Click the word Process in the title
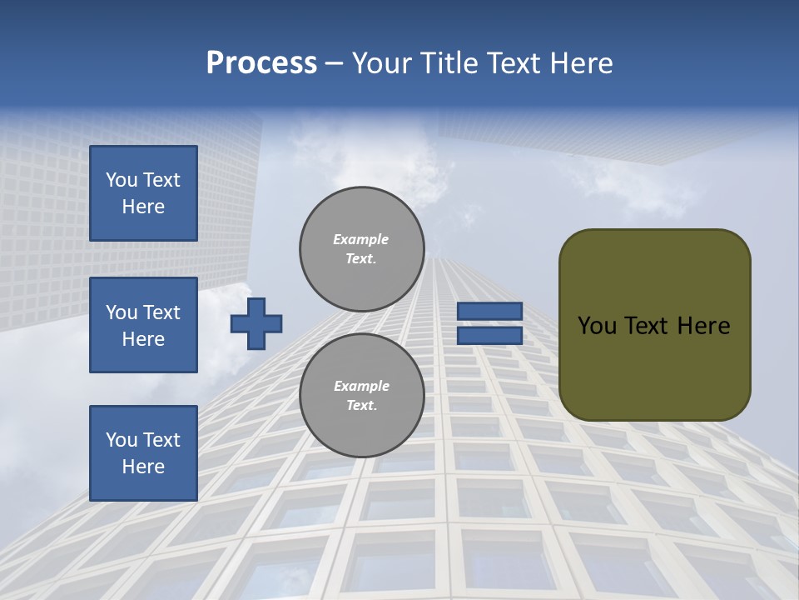(x=261, y=63)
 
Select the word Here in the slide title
(x=579, y=63)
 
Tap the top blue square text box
(x=143, y=193)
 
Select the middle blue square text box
(x=143, y=325)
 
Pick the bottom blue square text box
(x=143, y=452)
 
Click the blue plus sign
(x=256, y=323)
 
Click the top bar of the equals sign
(x=490, y=311)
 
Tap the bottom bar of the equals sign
(x=490, y=336)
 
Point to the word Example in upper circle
(x=360, y=239)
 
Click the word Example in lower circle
(x=361, y=386)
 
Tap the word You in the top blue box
(x=122, y=180)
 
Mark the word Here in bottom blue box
(x=143, y=467)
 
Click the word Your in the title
(x=381, y=63)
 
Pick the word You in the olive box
(x=597, y=326)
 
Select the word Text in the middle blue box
(x=161, y=312)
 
